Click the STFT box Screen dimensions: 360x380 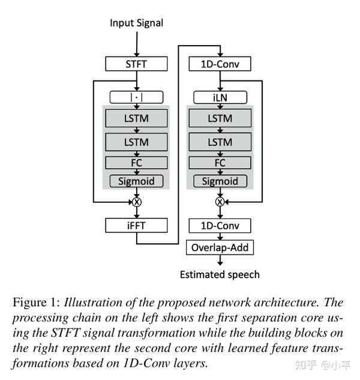coord(136,64)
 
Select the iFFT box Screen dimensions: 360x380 coord(136,225)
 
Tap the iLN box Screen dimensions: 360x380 coord(220,97)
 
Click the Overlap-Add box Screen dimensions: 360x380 coord(220,247)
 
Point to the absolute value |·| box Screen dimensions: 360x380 coord(136,97)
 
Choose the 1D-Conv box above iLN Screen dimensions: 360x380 coord(220,64)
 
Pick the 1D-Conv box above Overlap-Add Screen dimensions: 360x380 coord(220,226)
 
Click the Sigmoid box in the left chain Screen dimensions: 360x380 coord(136,181)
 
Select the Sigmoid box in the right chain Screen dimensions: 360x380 coord(220,181)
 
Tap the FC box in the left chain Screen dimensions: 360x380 coord(136,163)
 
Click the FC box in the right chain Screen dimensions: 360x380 coord(220,163)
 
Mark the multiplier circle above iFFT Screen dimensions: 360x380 coord(137,202)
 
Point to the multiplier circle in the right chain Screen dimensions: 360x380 coord(220,202)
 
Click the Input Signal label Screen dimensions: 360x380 coord(136,23)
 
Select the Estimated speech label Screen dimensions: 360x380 coord(220,274)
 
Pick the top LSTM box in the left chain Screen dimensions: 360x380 coord(136,118)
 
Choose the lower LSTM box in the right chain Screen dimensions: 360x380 coord(220,142)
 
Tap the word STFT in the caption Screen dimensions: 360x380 coord(65,333)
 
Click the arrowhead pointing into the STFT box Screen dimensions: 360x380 coord(137,54)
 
